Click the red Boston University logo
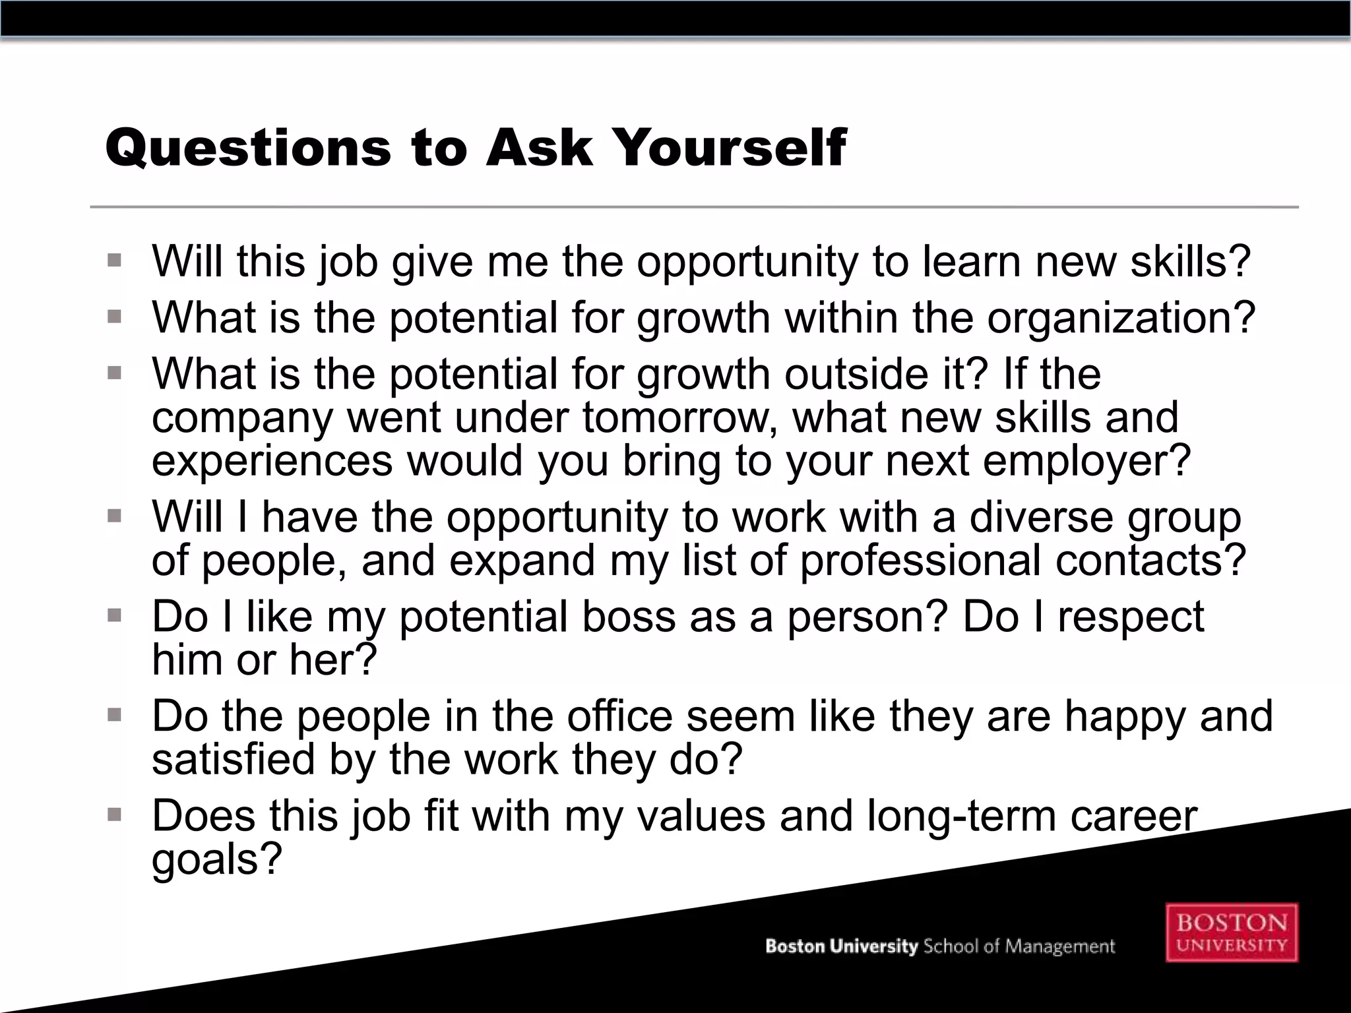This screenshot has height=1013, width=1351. coord(1232,932)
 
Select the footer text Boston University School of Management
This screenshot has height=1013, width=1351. coord(939,946)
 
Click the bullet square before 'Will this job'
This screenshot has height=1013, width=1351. coord(115,261)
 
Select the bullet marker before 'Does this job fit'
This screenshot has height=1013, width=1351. coord(115,816)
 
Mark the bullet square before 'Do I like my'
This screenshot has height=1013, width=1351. coord(115,616)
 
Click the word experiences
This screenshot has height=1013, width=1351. coord(272,460)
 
